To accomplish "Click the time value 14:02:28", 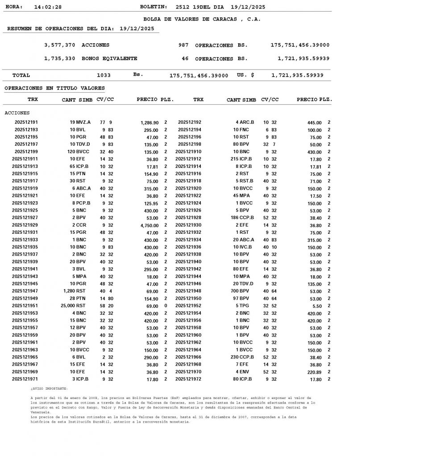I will (x=48, y=7).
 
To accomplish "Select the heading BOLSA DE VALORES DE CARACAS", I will (x=202, y=19).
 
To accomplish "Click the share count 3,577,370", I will (x=60, y=45).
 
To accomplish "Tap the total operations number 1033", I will (x=104, y=76).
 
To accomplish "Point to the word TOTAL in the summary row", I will (x=21, y=76).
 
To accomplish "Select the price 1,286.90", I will (x=149, y=122).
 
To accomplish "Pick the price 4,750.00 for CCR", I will (x=149, y=225).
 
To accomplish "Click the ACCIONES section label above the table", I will (x=17, y=113).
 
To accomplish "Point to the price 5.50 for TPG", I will (x=316, y=306).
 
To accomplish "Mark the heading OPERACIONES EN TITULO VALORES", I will (x=54, y=88).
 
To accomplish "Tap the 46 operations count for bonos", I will (x=185, y=59).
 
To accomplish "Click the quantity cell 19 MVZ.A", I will (x=80, y=122).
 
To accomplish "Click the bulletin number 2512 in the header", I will (x=183, y=7).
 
